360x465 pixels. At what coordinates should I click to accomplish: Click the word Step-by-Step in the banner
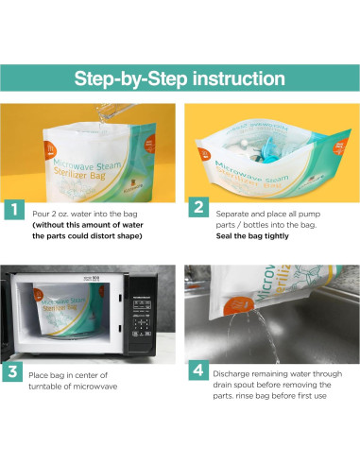pyautogui.click(x=130, y=78)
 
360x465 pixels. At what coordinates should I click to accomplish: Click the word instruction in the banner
pyautogui.click(x=239, y=78)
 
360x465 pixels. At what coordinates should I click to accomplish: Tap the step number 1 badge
pyautogui.click(x=14, y=210)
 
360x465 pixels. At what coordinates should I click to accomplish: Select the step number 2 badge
pyautogui.click(x=198, y=207)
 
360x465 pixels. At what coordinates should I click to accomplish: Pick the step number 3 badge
pyautogui.click(x=12, y=371)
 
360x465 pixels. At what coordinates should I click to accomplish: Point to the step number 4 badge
pyautogui.click(x=198, y=370)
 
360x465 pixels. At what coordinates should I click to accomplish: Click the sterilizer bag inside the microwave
pyautogui.click(x=68, y=309)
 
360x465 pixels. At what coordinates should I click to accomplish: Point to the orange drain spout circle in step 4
pyautogui.click(x=238, y=305)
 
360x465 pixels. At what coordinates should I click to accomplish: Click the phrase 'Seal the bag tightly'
pyautogui.click(x=252, y=236)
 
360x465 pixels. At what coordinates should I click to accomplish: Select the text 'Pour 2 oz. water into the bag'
pyautogui.click(x=85, y=214)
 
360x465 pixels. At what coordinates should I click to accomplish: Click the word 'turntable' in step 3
pyautogui.click(x=46, y=387)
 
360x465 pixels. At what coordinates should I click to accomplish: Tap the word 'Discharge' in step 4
pyautogui.click(x=231, y=374)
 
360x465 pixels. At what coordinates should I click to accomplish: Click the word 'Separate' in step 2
pyautogui.click(x=232, y=215)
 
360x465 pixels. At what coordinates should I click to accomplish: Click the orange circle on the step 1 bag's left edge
pyautogui.click(x=50, y=150)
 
